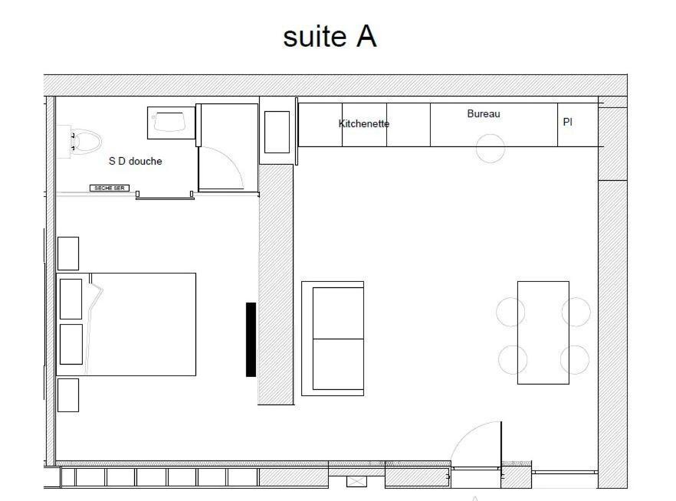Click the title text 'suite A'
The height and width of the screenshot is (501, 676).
point(330,36)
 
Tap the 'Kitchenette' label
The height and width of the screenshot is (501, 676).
point(364,123)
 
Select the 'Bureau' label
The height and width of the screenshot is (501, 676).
point(484,114)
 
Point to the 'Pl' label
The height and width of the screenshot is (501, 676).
point(568,122)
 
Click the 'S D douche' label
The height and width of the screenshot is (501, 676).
point(136,161)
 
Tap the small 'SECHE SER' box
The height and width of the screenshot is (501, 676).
point(110,188)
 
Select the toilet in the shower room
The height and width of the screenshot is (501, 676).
point(84,141)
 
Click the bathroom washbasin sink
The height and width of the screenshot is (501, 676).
point(170,123)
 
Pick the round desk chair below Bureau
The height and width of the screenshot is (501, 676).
point(491,148)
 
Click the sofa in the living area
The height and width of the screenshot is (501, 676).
point(333,339)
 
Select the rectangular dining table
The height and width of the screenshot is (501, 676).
point(543,332)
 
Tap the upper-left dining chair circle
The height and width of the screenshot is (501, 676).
point(510,312)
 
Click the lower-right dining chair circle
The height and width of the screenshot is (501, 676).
point(575,359)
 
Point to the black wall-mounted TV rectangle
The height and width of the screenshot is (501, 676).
point(251,339)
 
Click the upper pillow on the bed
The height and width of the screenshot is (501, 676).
point(71,299)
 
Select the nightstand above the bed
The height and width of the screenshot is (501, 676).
point(68,254)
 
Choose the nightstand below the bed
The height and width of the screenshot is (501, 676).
point(68,395)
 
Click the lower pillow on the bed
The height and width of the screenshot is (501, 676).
point(71,344)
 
